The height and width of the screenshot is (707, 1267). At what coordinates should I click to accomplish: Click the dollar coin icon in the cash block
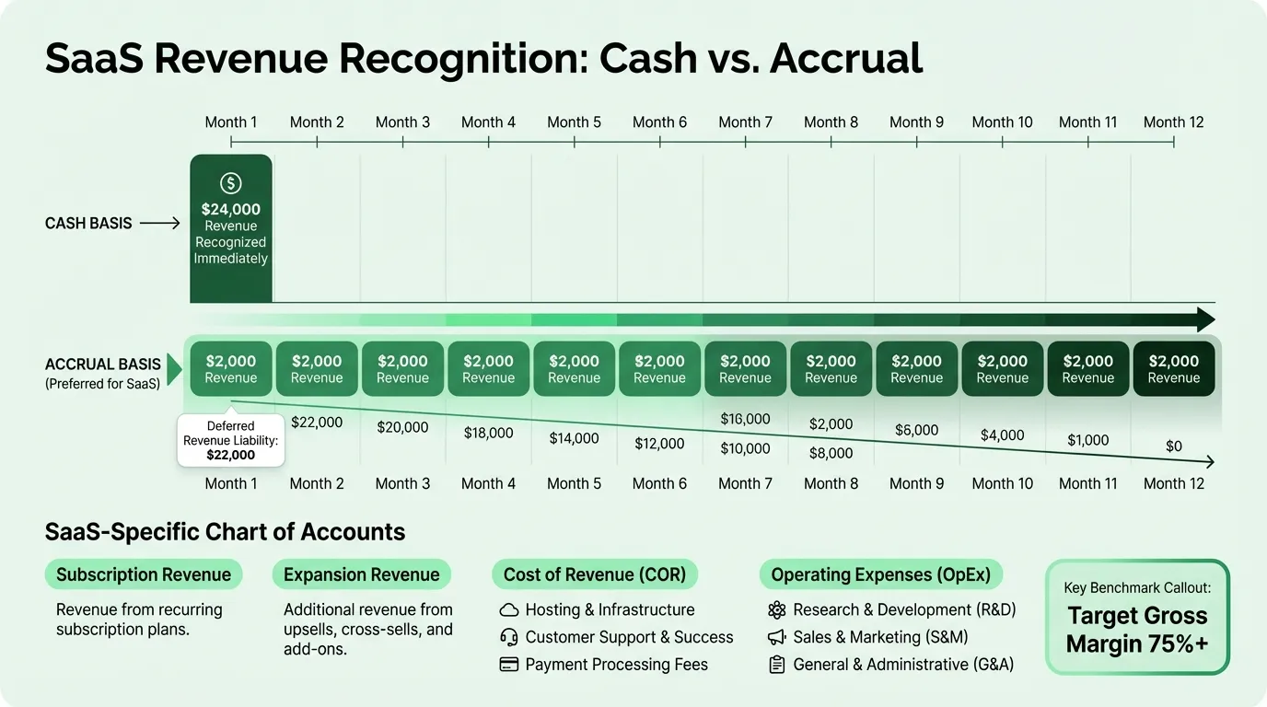click(x=230, y=183)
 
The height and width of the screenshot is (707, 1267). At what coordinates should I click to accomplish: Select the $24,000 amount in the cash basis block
click(x=230, y=209)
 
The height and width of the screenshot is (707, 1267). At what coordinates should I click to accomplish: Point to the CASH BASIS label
click(x=88, y=223)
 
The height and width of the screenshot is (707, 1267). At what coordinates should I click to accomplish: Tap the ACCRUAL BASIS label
click(x=102, y=364)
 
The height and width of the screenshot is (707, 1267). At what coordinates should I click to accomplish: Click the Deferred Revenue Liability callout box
click(x=230, y=440)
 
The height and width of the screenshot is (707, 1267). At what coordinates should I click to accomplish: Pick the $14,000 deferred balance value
click(x=574, y=438)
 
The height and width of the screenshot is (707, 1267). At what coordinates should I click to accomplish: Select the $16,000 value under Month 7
click(x=744, y=419)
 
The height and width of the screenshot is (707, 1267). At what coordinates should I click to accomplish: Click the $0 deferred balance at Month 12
click(x=1173, y=446)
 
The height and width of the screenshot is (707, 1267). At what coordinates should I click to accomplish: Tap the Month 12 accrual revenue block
click(x=1173, y=369)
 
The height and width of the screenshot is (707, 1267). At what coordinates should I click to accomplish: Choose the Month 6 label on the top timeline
click(x=659, y=122)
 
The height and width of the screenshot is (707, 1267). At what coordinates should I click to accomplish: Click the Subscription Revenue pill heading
click(x=144, y=574)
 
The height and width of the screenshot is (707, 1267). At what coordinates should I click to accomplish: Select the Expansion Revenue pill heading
click(x=361, y=574)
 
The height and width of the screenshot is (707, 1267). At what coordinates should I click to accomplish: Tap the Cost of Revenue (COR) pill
click(x=594, y=574)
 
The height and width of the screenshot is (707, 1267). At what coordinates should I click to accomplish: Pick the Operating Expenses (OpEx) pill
click(x=880, y=574)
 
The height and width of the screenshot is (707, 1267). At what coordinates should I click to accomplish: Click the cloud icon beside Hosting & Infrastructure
click(x=508, y=609)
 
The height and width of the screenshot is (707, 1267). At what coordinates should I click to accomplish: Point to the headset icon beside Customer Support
click(x=508, y=637)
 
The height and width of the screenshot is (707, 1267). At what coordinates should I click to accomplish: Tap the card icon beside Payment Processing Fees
click(x=508, y=665)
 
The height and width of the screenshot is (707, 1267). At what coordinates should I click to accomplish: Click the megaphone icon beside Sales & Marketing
click(x=776, y=637)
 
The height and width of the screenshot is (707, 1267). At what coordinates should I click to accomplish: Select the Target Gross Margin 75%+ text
click(x=1136, y=630)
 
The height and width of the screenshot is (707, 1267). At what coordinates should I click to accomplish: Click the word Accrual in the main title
click(x=845, y=59)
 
